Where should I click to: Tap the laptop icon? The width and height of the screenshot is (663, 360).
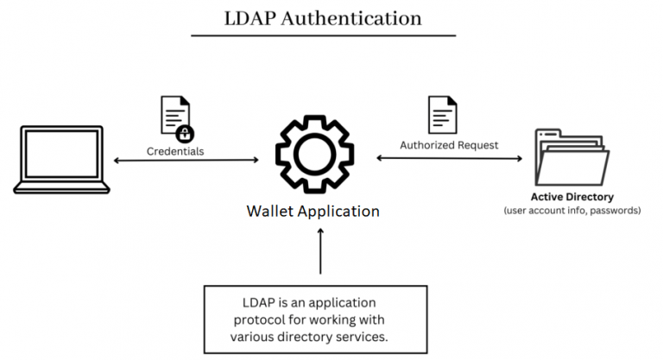coord(61,161)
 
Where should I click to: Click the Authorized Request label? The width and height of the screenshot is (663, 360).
coord(449,145)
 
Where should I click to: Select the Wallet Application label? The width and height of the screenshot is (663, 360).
coord(313,211)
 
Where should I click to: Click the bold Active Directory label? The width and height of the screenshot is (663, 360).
coord(571,197)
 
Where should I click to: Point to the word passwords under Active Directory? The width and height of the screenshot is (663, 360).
coord(611,210)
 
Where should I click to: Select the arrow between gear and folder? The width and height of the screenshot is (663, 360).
coord(449,158)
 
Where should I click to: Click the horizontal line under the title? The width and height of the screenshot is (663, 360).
coord(323,35)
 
